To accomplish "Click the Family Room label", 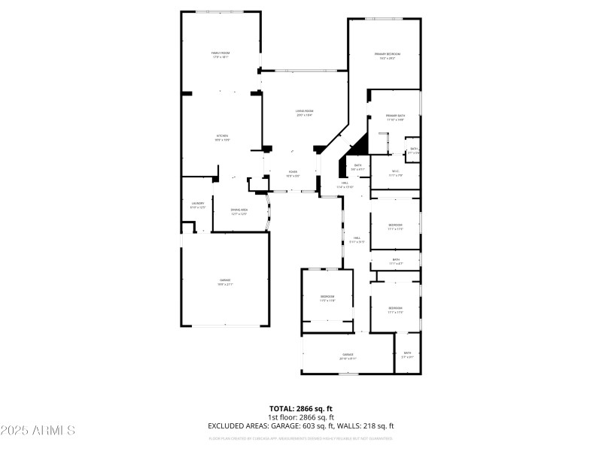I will [220, 53].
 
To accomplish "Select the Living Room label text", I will [304, 111].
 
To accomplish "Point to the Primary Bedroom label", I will [388, 54].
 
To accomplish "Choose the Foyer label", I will [293, 172].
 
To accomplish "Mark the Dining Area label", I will [239, 210].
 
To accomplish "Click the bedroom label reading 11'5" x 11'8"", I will [327, 297].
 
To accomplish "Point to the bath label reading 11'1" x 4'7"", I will [396, 260].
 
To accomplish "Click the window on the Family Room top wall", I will [220, 11].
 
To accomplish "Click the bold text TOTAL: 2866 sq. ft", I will [301, 408].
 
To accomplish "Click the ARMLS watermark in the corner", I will [38, 431].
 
